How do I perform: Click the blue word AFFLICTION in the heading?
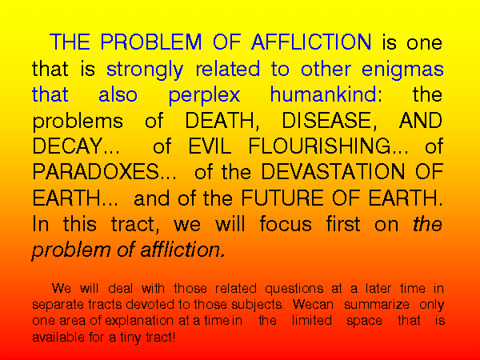click(311, 42)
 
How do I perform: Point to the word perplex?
click(204, 96)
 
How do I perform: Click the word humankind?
click(323, 94)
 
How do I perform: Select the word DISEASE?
click(329, 120)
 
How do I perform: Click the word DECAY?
click(68, 146)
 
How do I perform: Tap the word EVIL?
click(210, 146)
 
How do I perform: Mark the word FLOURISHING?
click(319, 146)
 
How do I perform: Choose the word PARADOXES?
click(96, 172)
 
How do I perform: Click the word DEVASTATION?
click(333, 172)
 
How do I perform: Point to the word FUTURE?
click(282, 198)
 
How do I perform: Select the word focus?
click(286, 224)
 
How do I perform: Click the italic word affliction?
click(182, 250)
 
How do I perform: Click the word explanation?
click(139, 321)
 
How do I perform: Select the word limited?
click(312, 321)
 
